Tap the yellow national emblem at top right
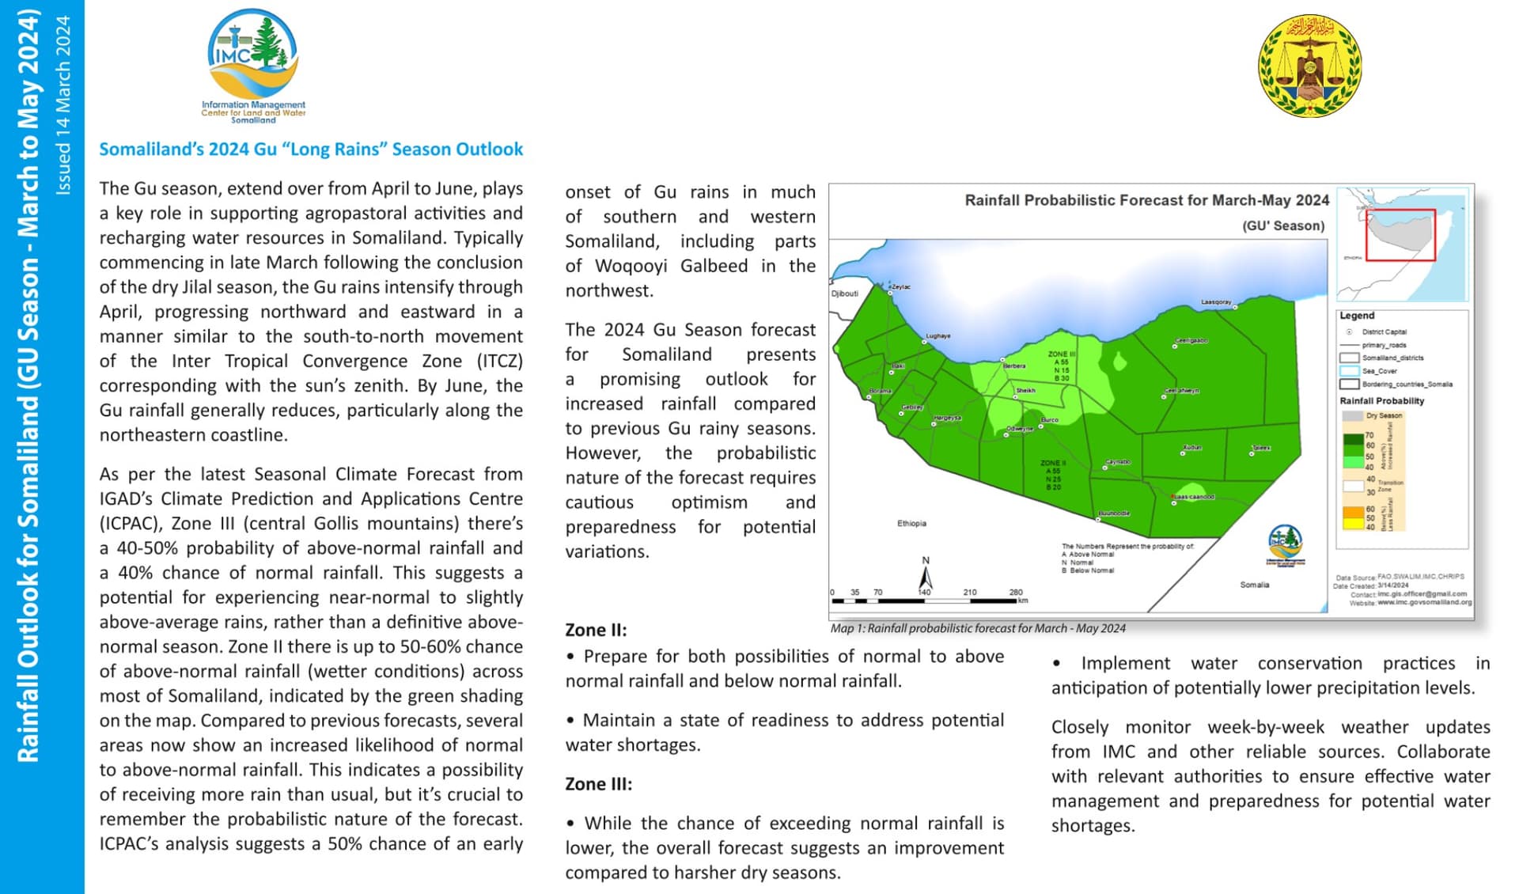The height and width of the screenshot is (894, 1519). coord(1309,66)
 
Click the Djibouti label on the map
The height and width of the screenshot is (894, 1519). coord(844,294)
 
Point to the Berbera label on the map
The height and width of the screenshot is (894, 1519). coord(1014,366)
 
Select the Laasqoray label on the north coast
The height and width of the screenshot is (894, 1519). coord(1216,302)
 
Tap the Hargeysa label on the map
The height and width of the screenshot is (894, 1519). coord(947,418)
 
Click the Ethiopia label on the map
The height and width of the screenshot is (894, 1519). coord(911,524)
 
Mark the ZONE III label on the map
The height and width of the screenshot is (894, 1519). coord(1061,354)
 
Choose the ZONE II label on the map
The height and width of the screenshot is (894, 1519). coord(1053,463)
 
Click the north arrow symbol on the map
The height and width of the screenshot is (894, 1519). coord(926,575)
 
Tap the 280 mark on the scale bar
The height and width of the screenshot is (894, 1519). coord(1016,592)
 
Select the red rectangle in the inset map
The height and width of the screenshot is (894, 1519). coord(1400,234)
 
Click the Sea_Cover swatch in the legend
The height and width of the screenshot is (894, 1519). coord(1349,371)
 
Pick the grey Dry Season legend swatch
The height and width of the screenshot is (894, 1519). coord(1352,415)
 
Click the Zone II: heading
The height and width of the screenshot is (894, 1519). coord(596,631)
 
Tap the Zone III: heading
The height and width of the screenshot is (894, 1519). coord(598,784)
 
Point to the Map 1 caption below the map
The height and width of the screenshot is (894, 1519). coord(977,629)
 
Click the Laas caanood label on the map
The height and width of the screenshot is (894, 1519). coord(1194,497)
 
